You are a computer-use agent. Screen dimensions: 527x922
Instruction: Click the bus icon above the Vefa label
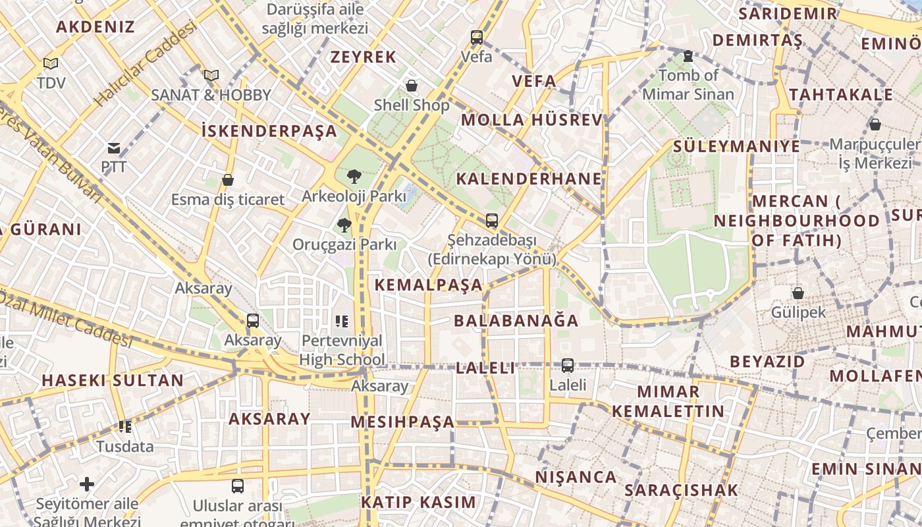pos(477,38)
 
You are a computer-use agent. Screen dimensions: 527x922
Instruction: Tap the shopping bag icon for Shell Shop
pos(412,86)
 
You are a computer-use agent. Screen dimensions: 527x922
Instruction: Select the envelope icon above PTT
pos(114,148)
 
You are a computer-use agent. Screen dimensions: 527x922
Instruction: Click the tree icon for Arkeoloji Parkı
pos(354,177)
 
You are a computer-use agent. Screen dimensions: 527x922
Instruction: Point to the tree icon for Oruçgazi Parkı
pos(344,225)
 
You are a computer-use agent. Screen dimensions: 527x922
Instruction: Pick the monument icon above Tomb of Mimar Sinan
pos(688,56)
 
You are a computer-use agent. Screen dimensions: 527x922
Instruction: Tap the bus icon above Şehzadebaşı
pos(491,221)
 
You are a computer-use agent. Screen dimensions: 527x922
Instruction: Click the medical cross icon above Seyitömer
pos(87,484)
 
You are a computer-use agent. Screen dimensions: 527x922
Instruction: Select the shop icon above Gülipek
pos(798,293)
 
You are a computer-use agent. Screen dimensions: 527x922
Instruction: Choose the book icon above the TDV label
pos(51,64)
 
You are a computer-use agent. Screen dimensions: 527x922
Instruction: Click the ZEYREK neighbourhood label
pos(364,57)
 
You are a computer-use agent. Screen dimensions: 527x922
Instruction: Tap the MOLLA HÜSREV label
pos(531,120)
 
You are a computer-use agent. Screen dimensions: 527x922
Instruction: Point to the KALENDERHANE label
pos(529,179)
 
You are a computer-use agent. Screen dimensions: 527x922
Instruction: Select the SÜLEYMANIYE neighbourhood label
pos(736,146)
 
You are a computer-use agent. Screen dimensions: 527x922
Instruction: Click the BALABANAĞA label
pos(516,321)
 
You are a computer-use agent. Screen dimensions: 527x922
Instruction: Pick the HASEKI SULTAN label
pos(113,380)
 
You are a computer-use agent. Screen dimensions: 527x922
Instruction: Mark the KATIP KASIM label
pos(418,502)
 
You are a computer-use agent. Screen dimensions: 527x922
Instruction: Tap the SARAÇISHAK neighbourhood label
pos(681,490)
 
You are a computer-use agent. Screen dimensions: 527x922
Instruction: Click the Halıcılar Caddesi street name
pos(146,64)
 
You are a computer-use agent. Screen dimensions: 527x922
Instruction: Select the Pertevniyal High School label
pos(342,350)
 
